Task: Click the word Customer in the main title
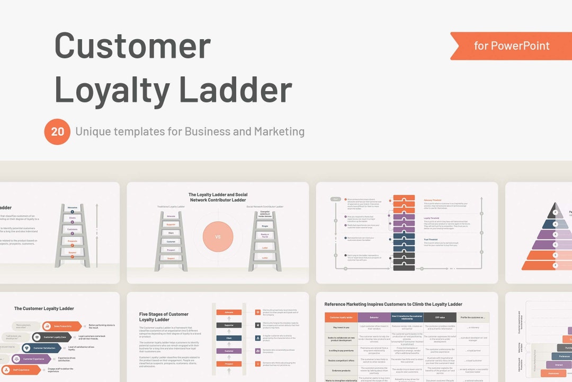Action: (132, 46)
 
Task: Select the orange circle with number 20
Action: (57, 132)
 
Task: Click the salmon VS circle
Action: (218, 237)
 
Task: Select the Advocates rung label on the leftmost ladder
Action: (73, 207)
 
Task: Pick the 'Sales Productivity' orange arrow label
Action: (62, 326)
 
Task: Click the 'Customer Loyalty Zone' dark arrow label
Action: (55, 337)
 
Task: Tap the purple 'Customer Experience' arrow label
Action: (36, 359)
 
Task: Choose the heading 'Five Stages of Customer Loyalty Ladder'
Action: (164, 317)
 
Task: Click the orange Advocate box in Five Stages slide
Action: (229, 312)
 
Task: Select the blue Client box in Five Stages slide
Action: (229, 338)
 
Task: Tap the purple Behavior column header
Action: (374, 317)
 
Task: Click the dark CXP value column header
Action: (440, 317)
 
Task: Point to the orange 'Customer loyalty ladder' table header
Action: (341, 317)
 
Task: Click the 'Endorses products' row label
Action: (341, 370)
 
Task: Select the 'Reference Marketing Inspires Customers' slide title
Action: (393, 305)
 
